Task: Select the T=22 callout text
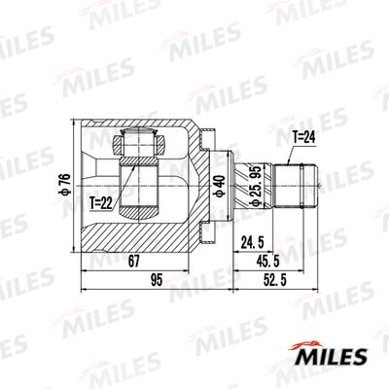pyautogui.click(x=103, y=204)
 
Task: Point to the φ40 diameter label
pyautogui.click(x=220, y=183)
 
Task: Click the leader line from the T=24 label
pyautogui.click(x=293, y=154)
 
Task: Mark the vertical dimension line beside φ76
pyautogui.click(x=74, y=185)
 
